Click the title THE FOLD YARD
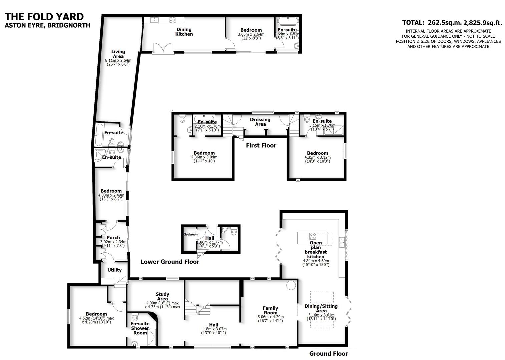pos(44,16)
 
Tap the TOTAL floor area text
pos(452,23)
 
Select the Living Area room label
pos(118,54)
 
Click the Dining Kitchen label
pos(184,32)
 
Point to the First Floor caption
pos(261,145)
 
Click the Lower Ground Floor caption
pos(170,262)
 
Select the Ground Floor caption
pos(328,354)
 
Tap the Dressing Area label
pos(260,122)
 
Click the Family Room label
pos(270,310)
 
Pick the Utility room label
pos(114,270)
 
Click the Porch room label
pos(113,238)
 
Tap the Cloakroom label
pos(191,234)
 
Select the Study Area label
pos(162,296)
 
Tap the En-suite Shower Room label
pos(140,328)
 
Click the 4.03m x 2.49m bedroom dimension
pos(111,195)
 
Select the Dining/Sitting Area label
pos(321,308)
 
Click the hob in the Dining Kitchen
pos(172,20)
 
